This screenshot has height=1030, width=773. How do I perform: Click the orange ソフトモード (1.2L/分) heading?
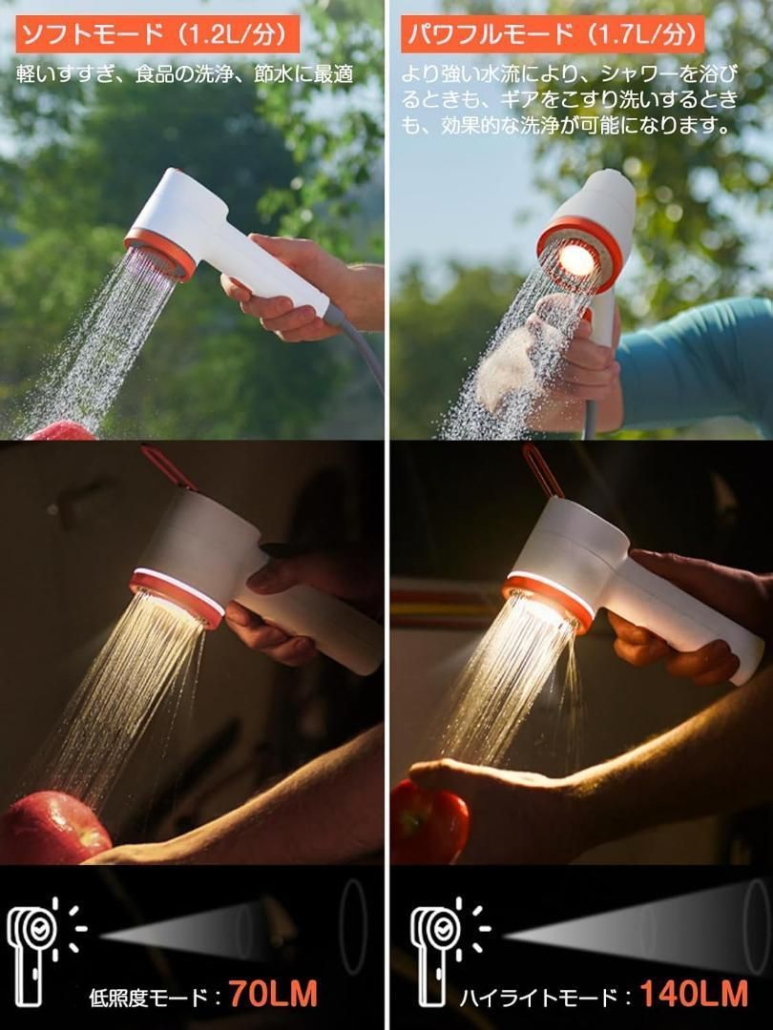pyautogui.click(x=157, y=34)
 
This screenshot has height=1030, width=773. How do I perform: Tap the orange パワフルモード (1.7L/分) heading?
pyautogui.click(x=553, y=34)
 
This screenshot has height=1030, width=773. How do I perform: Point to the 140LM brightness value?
pyautogui.click(x=694, y=994)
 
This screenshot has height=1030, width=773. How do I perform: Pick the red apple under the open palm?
pyautogui.click(x=428, y=822)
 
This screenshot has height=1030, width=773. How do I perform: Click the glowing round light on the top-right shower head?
pyautogui.click(x=576, y=260)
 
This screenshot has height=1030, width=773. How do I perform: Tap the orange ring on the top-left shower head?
pyautogui.click(x=159, y=254)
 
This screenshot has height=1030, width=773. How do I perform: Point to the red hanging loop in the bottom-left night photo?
pyautogui.click(x=167, y=467)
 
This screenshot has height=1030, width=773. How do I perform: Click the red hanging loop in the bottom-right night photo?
pyautogui.click(x=542, y=469)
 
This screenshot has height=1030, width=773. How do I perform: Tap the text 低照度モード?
pyautogui.click(x=148, y=998)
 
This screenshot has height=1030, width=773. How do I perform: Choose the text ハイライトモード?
pyautogui.click(x=537, y=998)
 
